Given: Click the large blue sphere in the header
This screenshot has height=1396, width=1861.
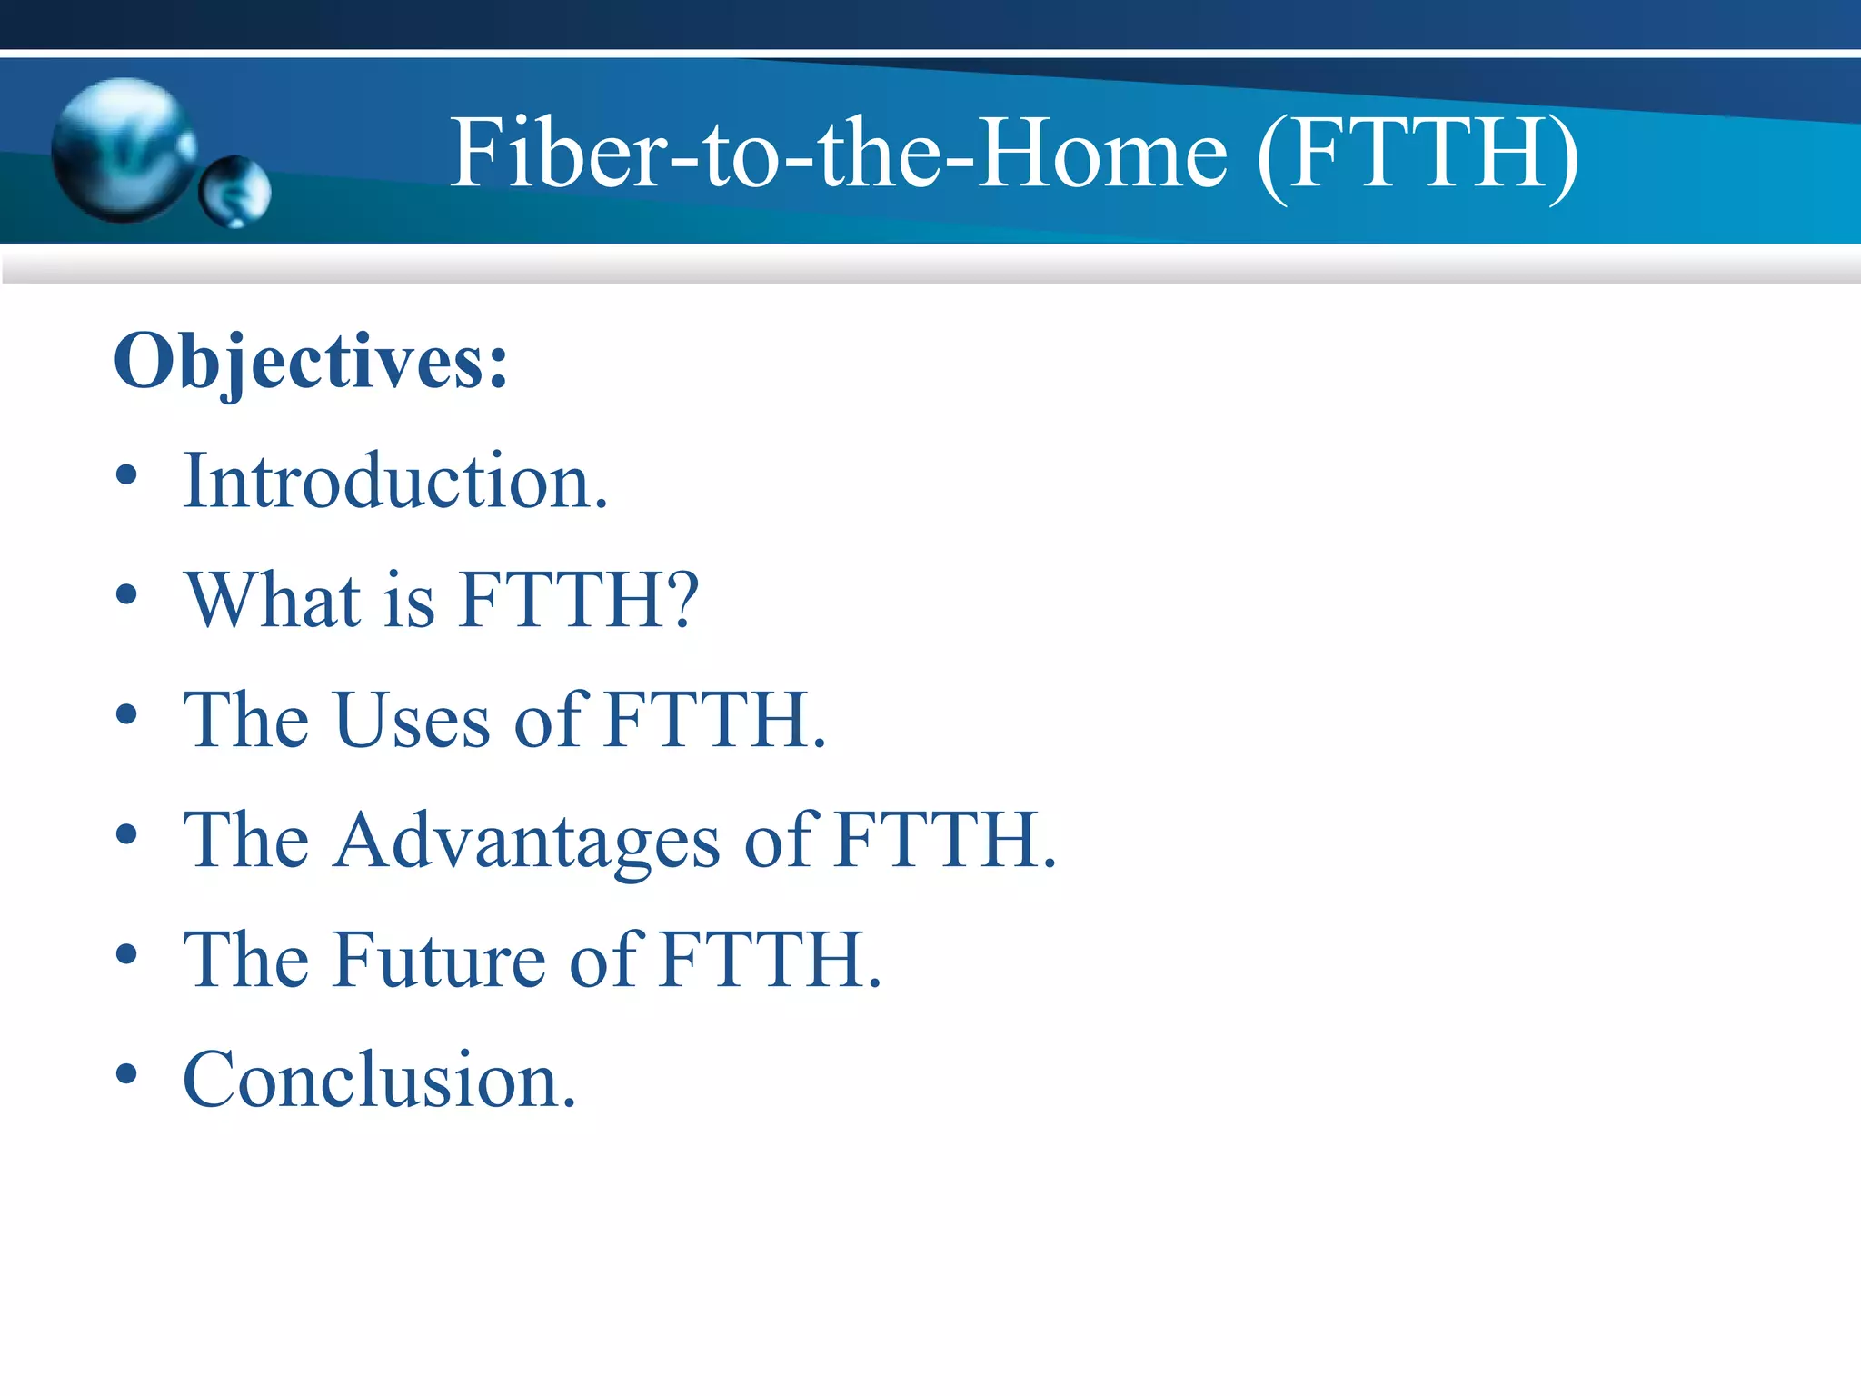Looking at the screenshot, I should pyautogui.click(x=123, y=150).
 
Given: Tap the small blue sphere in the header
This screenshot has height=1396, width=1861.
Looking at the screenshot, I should pyautogui.click(x=235, y=192).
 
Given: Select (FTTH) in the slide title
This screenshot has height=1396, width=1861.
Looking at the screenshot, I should pyautogui.click(x=1418, y=155).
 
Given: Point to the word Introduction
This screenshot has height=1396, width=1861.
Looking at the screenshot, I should pyautogui.click(x=395, y=481).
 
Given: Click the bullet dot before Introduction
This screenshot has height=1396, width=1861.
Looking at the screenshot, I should pyautogui.click(x=127, y=475).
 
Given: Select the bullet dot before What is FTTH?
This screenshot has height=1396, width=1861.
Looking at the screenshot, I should pyautogui.click(x=127, y=595).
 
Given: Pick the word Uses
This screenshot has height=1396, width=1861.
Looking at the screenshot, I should pyautogui.click(x=413, y=720).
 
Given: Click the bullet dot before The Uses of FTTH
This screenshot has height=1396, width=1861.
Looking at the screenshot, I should pyautogui.click(x=127, y=715).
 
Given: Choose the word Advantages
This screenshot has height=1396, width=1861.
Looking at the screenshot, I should pyautogui.click(x=526, y=841).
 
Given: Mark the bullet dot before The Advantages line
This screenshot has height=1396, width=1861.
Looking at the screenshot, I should pyautogui.click(x=127, y=834).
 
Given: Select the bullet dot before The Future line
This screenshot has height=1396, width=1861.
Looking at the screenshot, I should pyautogui.click(x=127, y=954).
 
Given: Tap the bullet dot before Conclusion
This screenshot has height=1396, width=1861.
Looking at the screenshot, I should pyautogui.click(x=127, y=1073).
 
